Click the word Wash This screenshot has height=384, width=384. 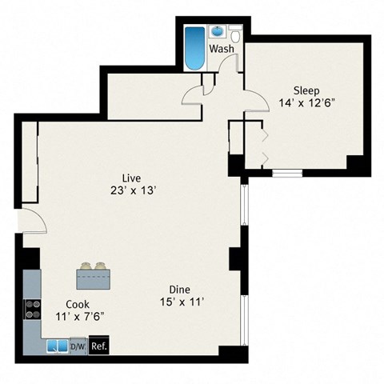tap(222, 49)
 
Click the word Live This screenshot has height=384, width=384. tap(132, 177)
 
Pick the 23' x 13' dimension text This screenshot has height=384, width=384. tap(132, 190)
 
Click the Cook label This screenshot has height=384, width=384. tap(78, 304)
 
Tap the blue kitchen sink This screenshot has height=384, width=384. tap(57, 346)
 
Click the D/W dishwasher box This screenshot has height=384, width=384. tap(78, 346)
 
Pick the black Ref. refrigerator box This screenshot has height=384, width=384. tap(98, 346)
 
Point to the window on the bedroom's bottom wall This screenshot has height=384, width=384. tap(286, 172)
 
